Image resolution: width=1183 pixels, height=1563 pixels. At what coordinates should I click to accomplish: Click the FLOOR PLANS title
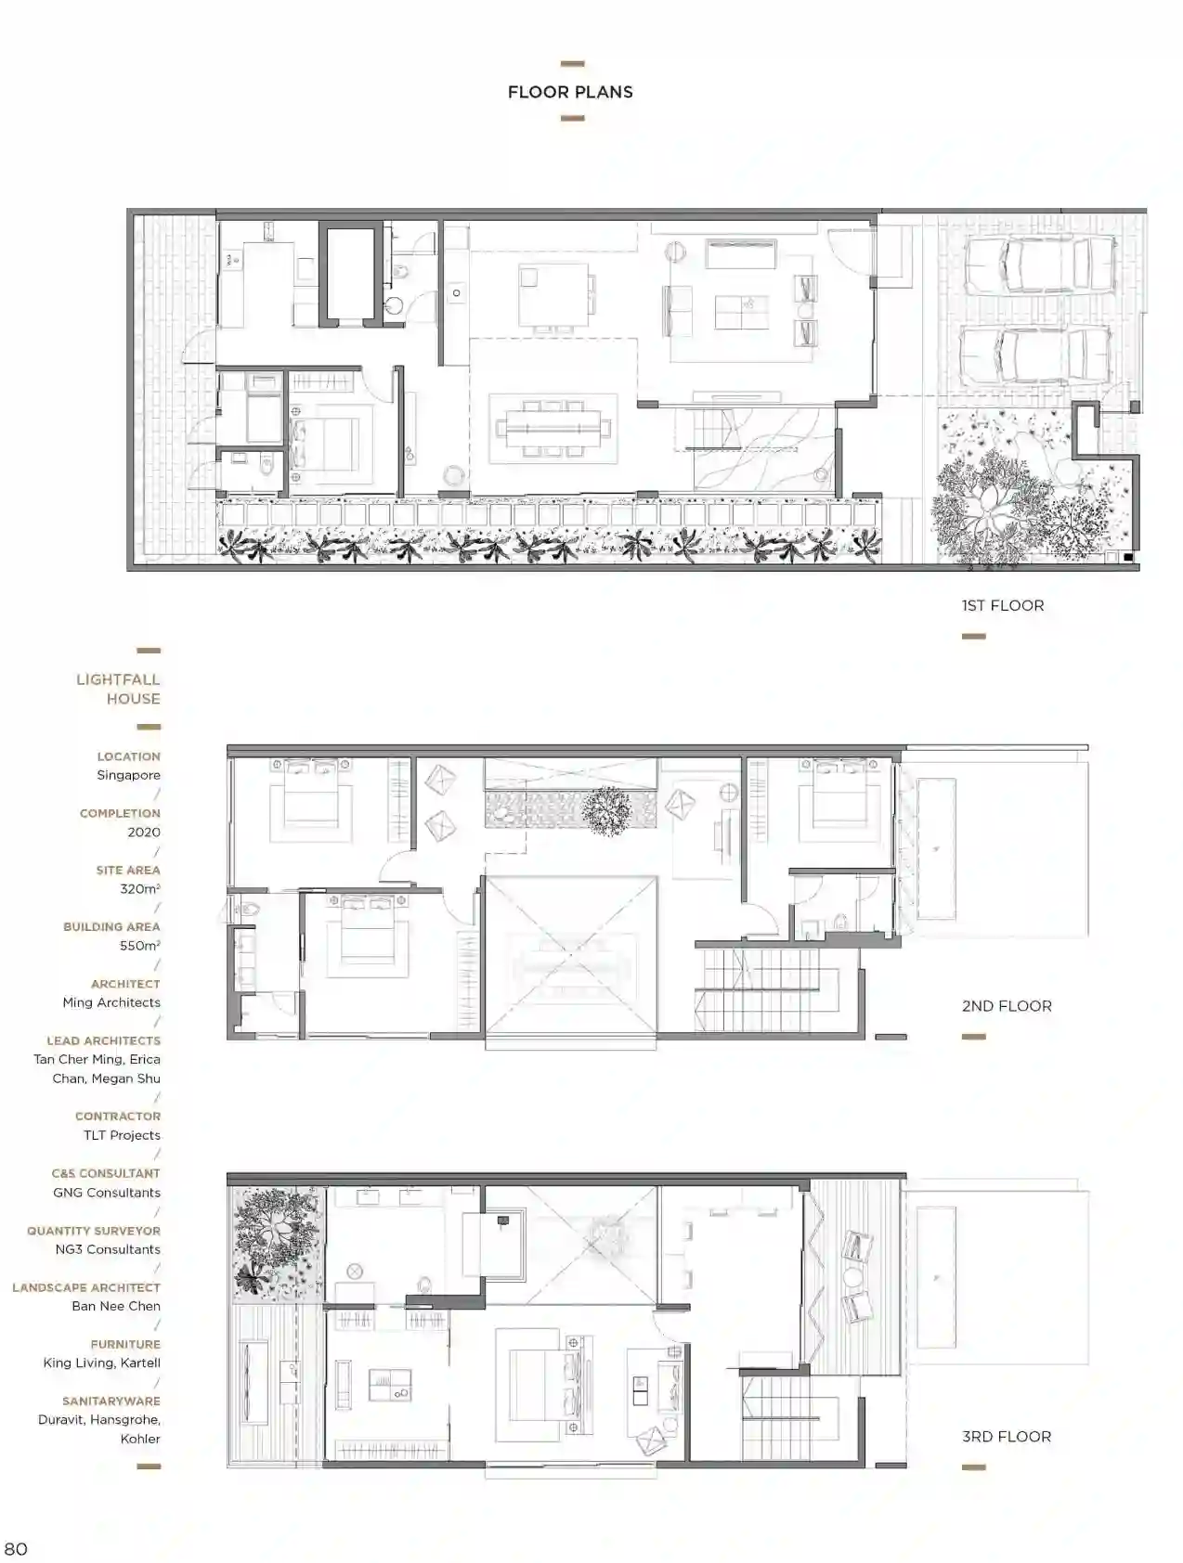click(x=570, y=92)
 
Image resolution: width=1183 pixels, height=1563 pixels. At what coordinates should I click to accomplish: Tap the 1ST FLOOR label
click(x=1003, y=605)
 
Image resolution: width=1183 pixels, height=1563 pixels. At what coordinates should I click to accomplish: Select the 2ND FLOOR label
click(x=1007, y=1005)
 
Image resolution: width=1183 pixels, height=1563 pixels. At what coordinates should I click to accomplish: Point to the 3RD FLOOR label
click(x=1007, y=1436)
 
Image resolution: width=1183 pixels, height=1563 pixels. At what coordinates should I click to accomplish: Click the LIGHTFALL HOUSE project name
click(x=118, y=689)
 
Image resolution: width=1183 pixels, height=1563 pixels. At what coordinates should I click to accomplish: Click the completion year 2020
click(x=144, y=832)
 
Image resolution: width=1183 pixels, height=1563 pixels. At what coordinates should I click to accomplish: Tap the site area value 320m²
click(x=140, y=888)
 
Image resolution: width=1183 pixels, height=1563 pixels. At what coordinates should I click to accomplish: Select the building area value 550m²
click(x=140, y=945)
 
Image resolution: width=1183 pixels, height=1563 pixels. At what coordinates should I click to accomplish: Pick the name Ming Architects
click(x=111, y=1002)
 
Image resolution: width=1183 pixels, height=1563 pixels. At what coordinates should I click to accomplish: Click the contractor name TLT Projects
click(x=122, y=1135)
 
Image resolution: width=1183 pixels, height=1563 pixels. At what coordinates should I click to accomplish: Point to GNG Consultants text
click(x=107, y=1193)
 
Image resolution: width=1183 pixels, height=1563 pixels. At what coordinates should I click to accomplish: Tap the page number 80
click(x=16, y=1548)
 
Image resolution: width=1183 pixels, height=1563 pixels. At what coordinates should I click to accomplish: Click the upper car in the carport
click(x=1039, y=265)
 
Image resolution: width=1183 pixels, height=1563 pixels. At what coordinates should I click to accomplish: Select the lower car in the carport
click(x=1034, y=354)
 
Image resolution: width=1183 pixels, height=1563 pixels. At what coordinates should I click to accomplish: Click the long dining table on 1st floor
click(x=553, y=429)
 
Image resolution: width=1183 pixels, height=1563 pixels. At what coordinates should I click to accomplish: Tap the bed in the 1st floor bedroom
click(x=324, y=442)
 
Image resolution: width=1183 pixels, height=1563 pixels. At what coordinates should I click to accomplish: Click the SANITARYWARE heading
click(x=111, y=1401)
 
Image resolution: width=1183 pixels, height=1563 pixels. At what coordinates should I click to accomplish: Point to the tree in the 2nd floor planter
click(x=606, y=811)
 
